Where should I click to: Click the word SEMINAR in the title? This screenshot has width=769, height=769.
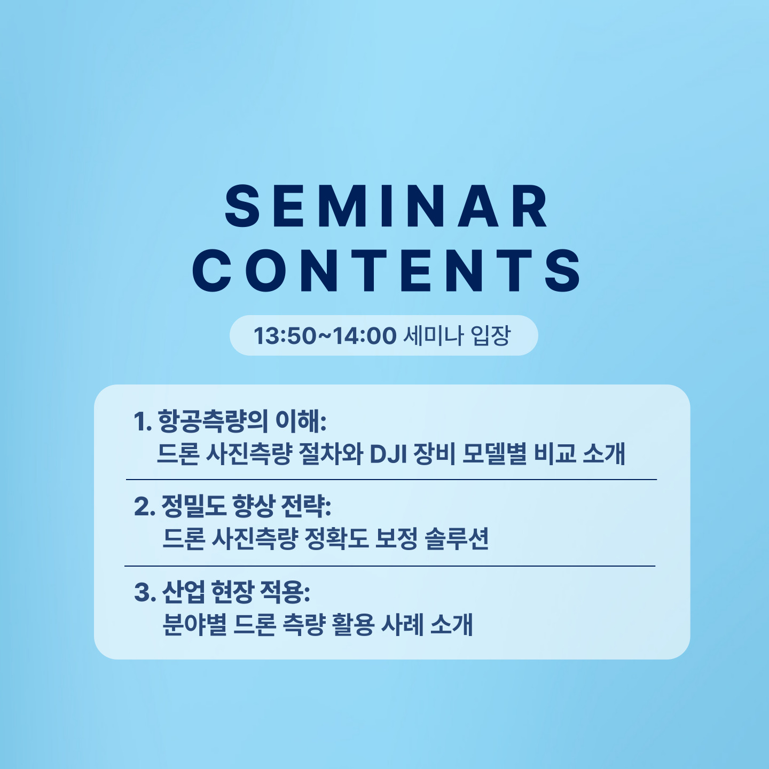coord(386,206)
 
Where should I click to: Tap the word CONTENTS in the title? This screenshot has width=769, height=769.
coord(386,270)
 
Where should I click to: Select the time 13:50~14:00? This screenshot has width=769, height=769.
coord(325,335)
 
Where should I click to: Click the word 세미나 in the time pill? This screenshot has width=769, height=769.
coord(434,335)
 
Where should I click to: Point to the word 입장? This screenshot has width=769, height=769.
coord(491,335)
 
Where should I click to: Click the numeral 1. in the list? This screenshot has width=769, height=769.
coord(143,422)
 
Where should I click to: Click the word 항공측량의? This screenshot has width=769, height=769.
coord(213,421)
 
